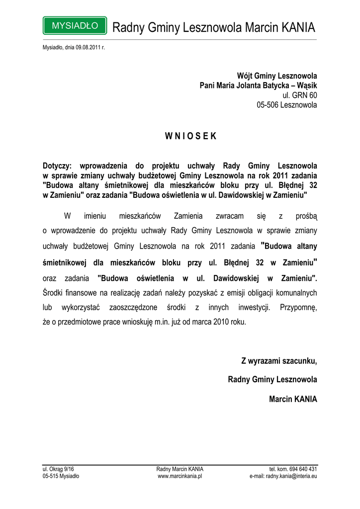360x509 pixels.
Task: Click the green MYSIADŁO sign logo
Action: (75, 25)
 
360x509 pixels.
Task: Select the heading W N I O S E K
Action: (190, 137)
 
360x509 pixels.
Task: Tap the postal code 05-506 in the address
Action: (268, 105)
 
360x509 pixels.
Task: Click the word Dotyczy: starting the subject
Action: (58, 166)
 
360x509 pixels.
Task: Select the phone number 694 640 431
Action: (304, 469)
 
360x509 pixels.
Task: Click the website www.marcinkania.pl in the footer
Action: (180, 476)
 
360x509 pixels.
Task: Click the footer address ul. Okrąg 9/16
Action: (58, 469)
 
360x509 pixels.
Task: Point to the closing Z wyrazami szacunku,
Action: (279, 361)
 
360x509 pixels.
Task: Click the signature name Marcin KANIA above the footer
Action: (292, 399)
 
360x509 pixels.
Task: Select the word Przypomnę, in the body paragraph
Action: (298, 307)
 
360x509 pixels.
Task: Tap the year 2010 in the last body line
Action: (222, 322)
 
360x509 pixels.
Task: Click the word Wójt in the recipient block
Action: (245, 76)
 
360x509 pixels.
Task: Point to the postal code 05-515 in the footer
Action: (51, 476)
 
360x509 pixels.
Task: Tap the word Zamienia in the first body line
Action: (188, 216)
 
